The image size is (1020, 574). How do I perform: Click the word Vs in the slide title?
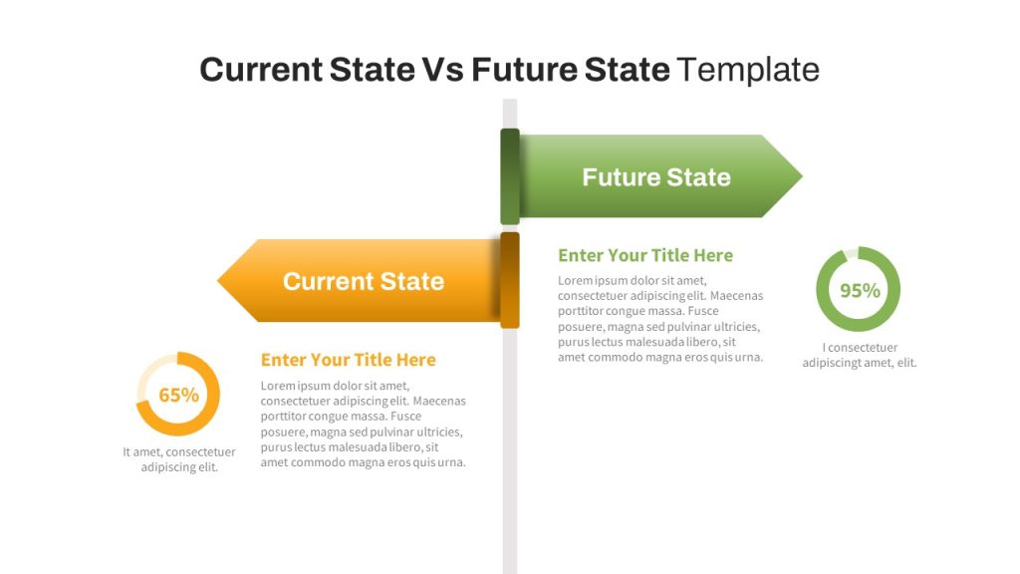[443, 70]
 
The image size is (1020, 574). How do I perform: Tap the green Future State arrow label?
[656, 177]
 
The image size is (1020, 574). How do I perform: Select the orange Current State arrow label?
[363, 281]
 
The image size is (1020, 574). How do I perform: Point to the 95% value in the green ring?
[860, 290]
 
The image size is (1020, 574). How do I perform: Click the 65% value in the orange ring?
[179, 395]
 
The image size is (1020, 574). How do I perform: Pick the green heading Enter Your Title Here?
[645, 255]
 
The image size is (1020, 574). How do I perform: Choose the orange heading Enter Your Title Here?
[348, 360]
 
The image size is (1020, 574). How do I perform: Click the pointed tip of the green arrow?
[802, 175]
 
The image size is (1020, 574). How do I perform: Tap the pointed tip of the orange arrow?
[218, 280]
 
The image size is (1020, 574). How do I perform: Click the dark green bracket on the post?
[510, 176]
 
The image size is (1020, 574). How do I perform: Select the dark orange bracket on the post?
[510, 280]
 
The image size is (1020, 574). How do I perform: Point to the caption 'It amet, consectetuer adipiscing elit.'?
[179, 459]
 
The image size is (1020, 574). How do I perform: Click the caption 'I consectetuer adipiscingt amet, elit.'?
[860, 356]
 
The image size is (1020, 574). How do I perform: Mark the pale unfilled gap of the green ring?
[850, 254]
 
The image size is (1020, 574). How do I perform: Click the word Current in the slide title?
[260, 70]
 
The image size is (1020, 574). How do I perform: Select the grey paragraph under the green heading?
[660, 319]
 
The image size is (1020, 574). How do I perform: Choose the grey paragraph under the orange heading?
[363, 424]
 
